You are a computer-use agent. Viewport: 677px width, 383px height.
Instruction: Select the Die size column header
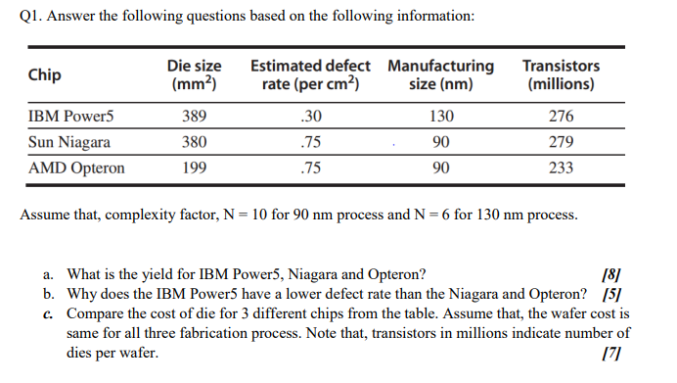[194, 74]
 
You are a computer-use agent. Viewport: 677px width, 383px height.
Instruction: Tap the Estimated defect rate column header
[310, 74]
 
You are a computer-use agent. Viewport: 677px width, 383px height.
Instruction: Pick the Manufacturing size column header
[440, 74]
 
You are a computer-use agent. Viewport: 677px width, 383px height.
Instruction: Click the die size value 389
[194, 117]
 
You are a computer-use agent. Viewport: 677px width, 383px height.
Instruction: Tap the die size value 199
[194, 168]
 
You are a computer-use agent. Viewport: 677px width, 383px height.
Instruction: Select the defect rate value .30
[311, 117]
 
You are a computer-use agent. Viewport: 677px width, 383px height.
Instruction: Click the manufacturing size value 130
[441, 117]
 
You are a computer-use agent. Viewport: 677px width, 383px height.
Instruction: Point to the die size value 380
[194, 142]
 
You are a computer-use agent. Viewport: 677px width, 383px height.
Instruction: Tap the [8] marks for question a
[614, 274]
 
